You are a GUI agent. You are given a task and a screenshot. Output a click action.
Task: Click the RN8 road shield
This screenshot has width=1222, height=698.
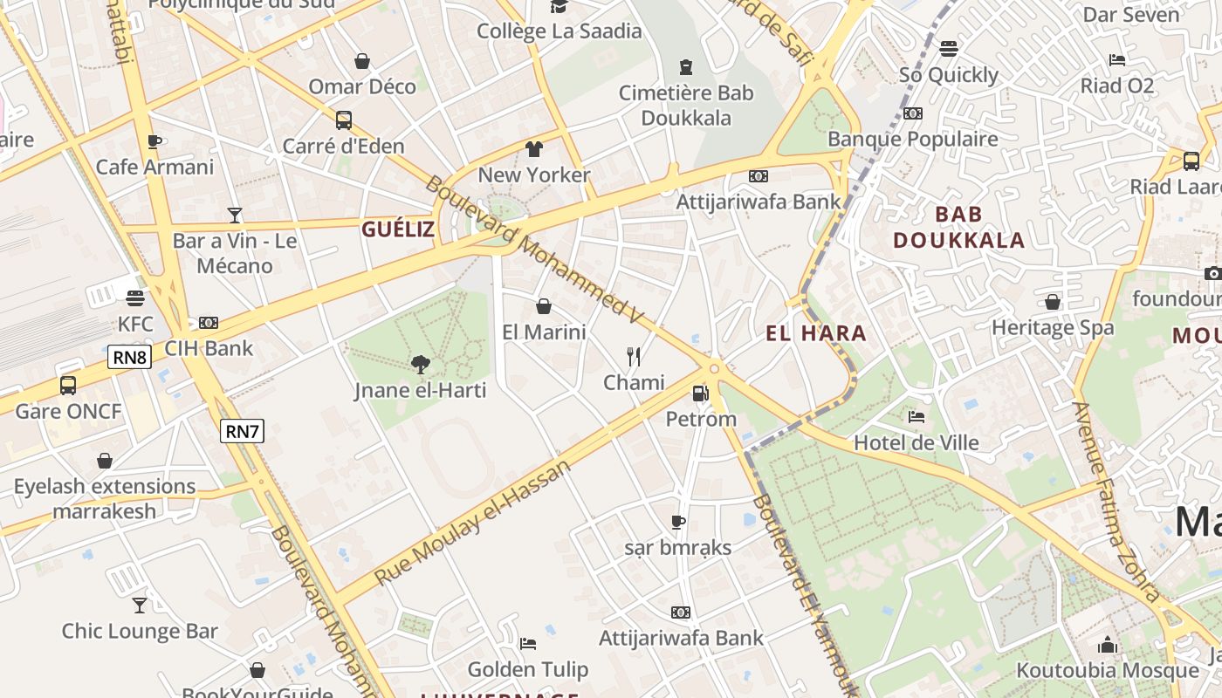pyautogui.click(x=130, y=357)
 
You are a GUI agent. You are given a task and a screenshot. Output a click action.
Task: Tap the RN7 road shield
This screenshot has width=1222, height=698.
pyautogui.click(x=242, y=431)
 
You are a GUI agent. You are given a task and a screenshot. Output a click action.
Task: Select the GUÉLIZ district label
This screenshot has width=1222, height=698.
pyautogui.click(x=398, y=229)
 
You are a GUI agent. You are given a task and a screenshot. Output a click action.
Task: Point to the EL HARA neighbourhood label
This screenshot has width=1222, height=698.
pyautogui.click(x=816, y=332)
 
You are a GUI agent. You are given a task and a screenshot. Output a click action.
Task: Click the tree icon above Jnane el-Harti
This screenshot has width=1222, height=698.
pyautogui.click(x=421, y=364)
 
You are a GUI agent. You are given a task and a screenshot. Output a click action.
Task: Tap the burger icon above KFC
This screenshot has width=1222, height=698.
pyautogui.click(x=134, y=298)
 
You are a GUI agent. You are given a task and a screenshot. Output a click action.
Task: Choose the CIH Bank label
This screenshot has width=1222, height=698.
pyautogui.click(x=209, y=348)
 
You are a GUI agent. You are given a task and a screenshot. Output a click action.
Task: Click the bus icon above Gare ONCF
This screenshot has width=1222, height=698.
pyautogui.click(x=68, y=385)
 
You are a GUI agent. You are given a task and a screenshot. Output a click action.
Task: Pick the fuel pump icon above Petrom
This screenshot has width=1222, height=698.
pyautogui.click(x=700, y=393)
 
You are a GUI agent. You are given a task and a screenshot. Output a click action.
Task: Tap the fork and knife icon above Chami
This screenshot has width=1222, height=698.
pyautogui.click(x=634, y=356)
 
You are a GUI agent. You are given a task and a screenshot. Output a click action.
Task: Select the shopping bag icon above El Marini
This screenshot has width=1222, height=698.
pyautogui.click(x=544, y=306)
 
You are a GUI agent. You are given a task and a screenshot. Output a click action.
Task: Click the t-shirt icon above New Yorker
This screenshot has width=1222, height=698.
pyautogui.click(x=534, y=149)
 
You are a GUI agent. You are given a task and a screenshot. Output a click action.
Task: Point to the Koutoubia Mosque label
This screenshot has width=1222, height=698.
pyautogui.click(x=1108, y=670)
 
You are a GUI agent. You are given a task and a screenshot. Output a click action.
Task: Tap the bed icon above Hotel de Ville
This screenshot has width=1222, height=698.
pyautogui.click(x=916, y=417)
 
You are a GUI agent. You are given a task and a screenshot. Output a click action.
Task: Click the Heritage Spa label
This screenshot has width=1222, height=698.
pyautogui.click(x=1053, y=328)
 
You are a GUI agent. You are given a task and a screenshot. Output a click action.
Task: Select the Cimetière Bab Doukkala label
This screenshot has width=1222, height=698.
pyautogui.click(x=686, y=106)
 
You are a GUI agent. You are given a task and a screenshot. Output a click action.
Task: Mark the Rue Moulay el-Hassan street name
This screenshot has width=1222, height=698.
pyautogui.click(x=472, y=522)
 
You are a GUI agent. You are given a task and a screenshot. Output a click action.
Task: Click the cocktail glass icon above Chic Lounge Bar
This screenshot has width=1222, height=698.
pyautogui.click(x=140, y=605)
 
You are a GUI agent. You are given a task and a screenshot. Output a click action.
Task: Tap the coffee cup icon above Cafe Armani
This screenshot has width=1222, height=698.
pyautogui.click(x=154, y=141)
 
